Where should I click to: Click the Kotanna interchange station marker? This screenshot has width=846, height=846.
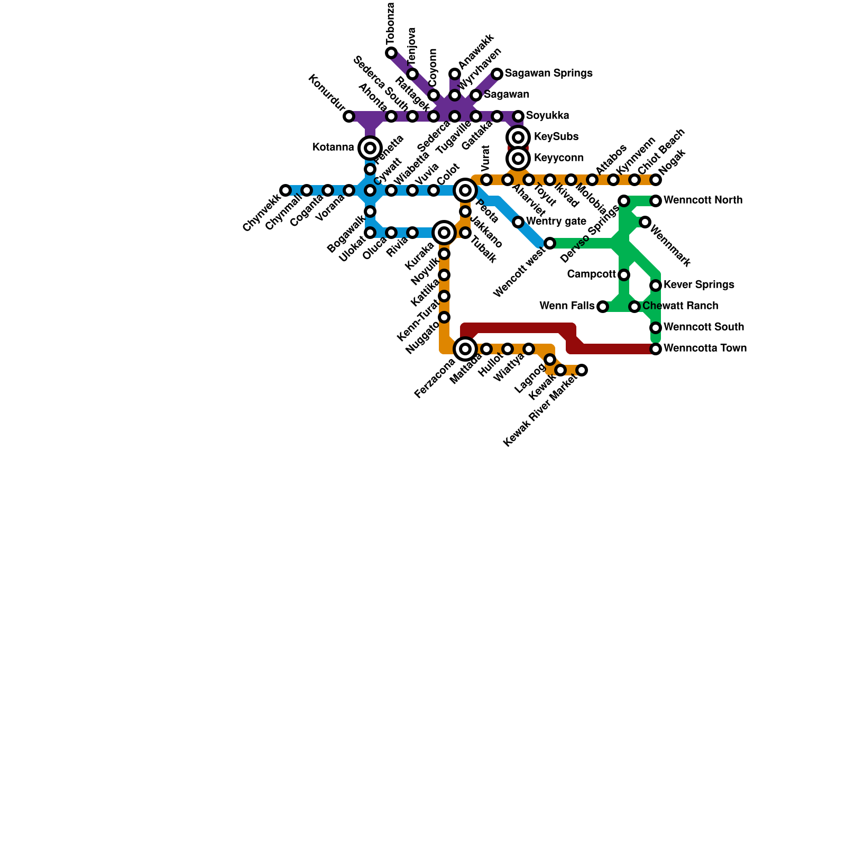click(370, 148)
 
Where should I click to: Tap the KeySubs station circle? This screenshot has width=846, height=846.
click(518, 137)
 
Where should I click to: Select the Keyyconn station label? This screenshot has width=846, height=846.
click(558, 158)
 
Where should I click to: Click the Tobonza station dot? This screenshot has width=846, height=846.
click(391, 53)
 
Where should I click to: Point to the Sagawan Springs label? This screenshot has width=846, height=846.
click(548, 73)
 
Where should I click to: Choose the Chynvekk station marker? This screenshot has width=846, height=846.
click(286, 190)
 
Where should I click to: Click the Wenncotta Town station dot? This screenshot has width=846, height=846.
click(656, 349)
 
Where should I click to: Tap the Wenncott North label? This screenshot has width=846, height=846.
click(703, 200)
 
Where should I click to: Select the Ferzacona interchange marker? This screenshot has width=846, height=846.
click(465, 349)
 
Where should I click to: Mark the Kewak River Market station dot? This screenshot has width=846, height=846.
click(582, 370)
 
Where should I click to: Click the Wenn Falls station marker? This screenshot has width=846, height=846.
click(603, 307)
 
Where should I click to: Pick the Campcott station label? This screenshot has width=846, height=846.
click(591, 274)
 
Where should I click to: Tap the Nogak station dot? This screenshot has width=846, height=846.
click(656, 180)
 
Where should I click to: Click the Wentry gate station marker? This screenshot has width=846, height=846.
click(518, 222)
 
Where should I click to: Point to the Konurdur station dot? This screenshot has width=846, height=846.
click(349, 116)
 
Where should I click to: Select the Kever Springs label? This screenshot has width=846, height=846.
click(698, 285)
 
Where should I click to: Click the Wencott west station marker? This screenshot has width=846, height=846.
click(550, 243)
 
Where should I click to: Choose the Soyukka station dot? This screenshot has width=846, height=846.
click(518, 116)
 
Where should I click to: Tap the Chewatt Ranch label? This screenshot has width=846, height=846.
click(680, 306)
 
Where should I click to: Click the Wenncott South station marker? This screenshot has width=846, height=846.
click(656, 328)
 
